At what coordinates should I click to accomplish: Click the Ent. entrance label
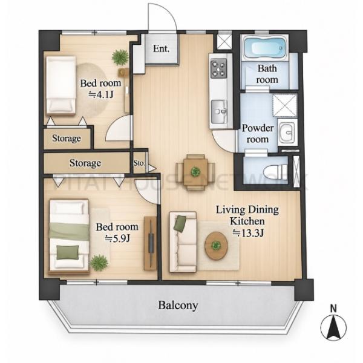pyautogui.click(x=161, y=49)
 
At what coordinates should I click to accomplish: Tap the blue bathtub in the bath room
pyautogui.click(x=265, y=48)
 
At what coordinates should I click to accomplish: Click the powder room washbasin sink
pyautogui.click(x=287, y=132)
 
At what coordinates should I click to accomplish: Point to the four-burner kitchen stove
pyautogui.click(x=218, y=68)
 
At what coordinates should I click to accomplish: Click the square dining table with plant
pyautogui.click(x=195, y=172)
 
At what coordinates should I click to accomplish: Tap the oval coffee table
pyautogui.click(x=216, y=246)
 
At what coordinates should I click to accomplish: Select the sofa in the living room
pyautogui.click(x=183, y=242)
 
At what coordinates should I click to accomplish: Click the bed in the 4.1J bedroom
pyautogui.click(x=61, y=85)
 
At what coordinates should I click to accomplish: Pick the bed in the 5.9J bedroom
pyautogui.click(x=69, y=237)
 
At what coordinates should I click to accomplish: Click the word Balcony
pyautogui.click(x=178, y=306)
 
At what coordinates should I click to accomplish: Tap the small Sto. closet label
pyautogui.click(x=139, y=163)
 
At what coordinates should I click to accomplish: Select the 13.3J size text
pyautogui.click(x=247, y=233)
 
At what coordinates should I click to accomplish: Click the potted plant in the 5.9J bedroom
pyautogui.click(x=99, y=263)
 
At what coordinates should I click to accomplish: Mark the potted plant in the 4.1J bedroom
pyautogui.click(x=120, y=57)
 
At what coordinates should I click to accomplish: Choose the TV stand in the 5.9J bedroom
pyautogui.click(x=150, y=243)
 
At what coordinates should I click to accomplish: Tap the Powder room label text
pyautogui.click(x=258, y=134)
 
